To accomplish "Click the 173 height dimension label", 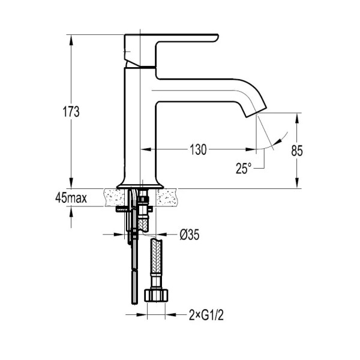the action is pos(71,112).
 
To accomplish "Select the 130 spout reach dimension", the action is pos(198,149).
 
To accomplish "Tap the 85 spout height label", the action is pos(297,151).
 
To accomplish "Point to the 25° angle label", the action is pos(244,168).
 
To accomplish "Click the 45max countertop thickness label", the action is pos(71,198).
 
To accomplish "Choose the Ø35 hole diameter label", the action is pos(190,235).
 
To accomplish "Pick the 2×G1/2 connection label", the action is pos(206,314).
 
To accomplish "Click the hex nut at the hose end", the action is pos(156,295).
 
